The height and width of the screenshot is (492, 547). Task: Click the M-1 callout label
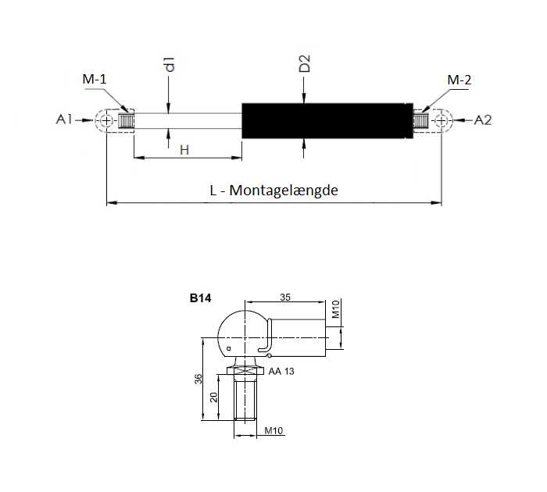click(x=95, y=79)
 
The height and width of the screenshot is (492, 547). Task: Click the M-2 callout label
click(x=459, y=80)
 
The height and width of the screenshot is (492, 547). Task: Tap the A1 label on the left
click(x=64, y=119)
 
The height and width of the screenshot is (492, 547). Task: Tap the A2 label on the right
click(x=483, y=120)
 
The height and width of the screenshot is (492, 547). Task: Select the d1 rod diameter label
click(x=170, y=64)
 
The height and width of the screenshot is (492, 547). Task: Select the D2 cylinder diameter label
click(x=305, y=63)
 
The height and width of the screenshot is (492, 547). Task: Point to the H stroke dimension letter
click(x=184, y=150)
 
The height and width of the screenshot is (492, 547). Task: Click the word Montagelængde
click(x=284, y=191)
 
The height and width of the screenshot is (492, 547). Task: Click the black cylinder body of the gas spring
click(x=327, y=120)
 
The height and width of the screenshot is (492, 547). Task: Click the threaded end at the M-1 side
click(x=126, y=121)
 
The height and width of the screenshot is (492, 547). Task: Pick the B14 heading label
click(x=200, y=298)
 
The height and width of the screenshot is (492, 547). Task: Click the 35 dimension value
click(x=285, y=297)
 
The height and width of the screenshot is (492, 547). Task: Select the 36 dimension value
click(x=198, y=379)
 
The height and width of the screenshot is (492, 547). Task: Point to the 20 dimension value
click(x=213, y=398)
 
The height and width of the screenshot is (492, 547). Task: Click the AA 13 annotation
click(x=281, y=372)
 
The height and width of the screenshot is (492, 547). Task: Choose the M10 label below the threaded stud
click(x=273, y=430)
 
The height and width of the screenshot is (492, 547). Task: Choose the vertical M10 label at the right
click(x=335, y=309)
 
